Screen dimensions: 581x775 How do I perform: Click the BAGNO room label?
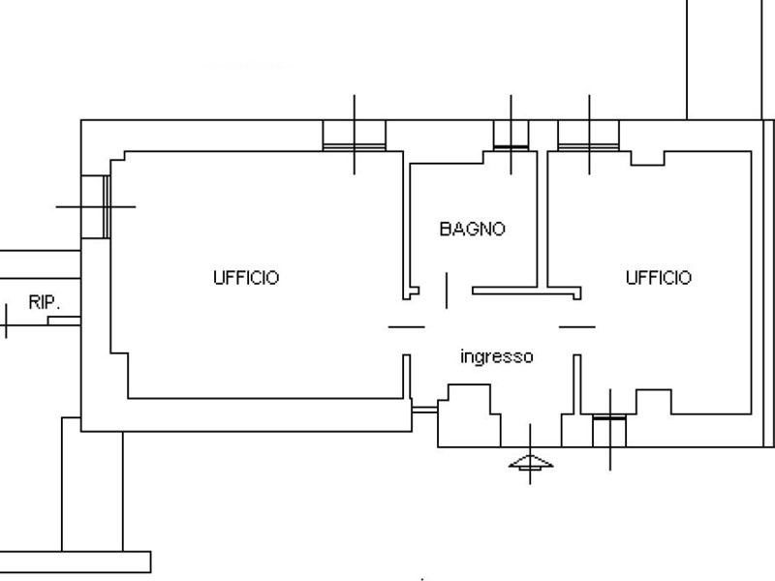(x=472, y=229)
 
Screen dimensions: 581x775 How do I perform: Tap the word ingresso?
(x=496, y=356)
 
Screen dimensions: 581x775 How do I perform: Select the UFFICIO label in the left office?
(x=245, y=278)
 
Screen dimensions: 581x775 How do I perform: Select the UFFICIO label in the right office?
(x=659, y=278)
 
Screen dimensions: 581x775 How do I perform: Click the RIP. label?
(x=42, y=302)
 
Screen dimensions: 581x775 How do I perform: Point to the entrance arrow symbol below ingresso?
(x=530, y=464)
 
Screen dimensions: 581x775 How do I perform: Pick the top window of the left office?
(x=354, y=135)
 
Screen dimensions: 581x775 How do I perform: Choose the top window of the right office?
(x=588, y=135)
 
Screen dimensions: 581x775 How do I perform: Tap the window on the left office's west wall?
(x=95, y=205)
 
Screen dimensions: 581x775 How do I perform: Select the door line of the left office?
(x=406, y=327)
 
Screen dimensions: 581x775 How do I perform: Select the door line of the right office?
(x=577, y=327)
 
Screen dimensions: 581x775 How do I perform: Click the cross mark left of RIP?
(x=6, y=321)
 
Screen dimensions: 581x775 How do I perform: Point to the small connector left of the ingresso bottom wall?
(x=422, y=411)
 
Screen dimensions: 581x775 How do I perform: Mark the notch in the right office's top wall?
(x=647, y=157)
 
